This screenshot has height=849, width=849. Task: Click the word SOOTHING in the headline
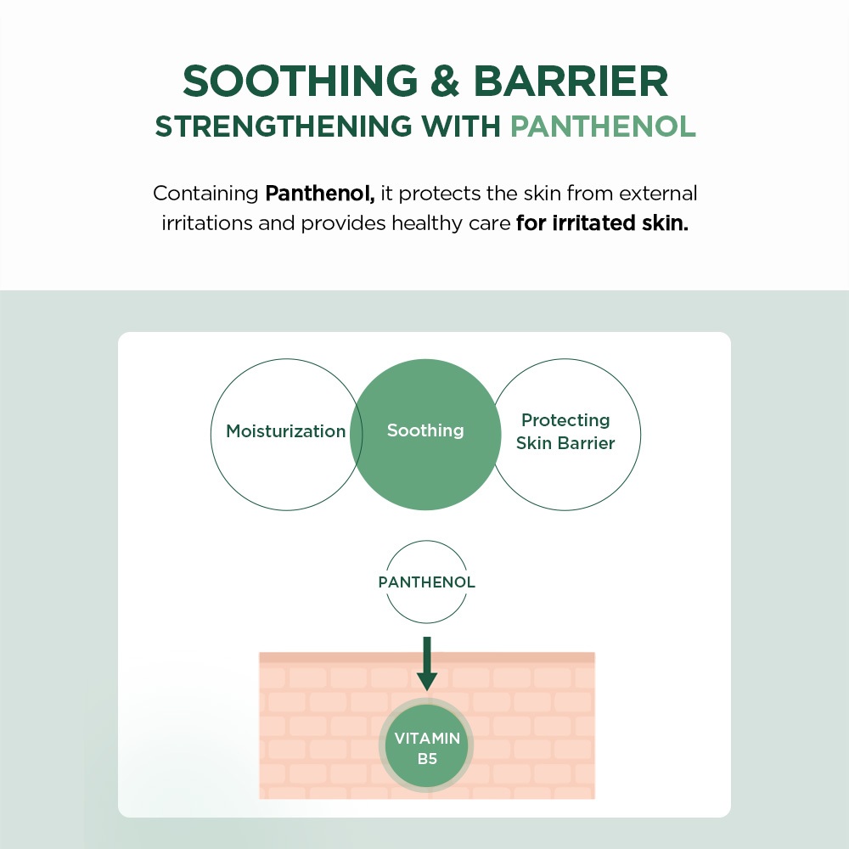point(300,82)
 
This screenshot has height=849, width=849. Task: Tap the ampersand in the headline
point(445,82)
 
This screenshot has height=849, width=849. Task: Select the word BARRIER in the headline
point(571,82)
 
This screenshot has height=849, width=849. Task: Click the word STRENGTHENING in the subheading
point(284,127)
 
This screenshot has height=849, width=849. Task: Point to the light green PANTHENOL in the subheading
point(603,127)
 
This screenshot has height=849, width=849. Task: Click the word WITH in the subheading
point(461,127)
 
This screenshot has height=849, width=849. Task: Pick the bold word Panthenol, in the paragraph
point(320,194)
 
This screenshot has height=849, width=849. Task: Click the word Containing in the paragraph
point(205,194)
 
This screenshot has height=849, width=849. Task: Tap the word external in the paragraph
point(658,194)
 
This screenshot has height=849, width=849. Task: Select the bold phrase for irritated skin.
point(602,223)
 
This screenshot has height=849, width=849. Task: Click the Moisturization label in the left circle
point(286,431)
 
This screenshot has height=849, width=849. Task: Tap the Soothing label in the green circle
point(425,431)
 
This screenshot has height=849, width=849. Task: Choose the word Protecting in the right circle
point(565,421)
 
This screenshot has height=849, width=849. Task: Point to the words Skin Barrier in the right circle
point(565,443)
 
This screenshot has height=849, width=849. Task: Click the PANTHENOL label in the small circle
point(427,582)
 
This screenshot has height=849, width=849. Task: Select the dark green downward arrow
point(427,663)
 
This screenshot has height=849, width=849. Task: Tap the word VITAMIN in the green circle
point(427,739)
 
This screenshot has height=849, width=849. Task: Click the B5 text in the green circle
point(427,759)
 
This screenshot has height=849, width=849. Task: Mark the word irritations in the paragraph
point(207,223)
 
